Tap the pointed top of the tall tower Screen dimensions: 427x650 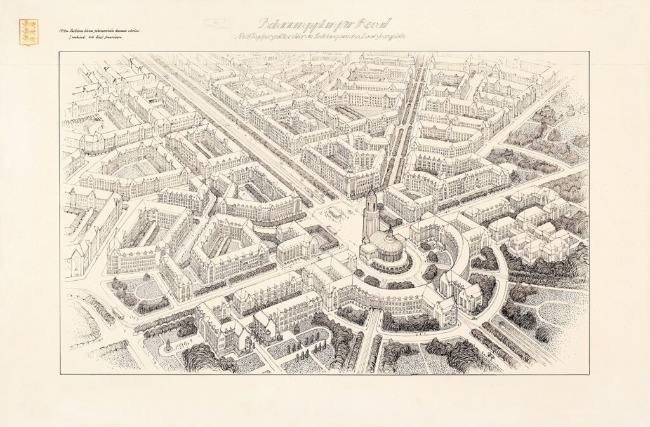pos(371,189)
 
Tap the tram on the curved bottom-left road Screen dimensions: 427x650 pos(118,313)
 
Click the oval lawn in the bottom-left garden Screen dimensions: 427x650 pos(149,289)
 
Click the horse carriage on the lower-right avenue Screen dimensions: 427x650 pos(508,343)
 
